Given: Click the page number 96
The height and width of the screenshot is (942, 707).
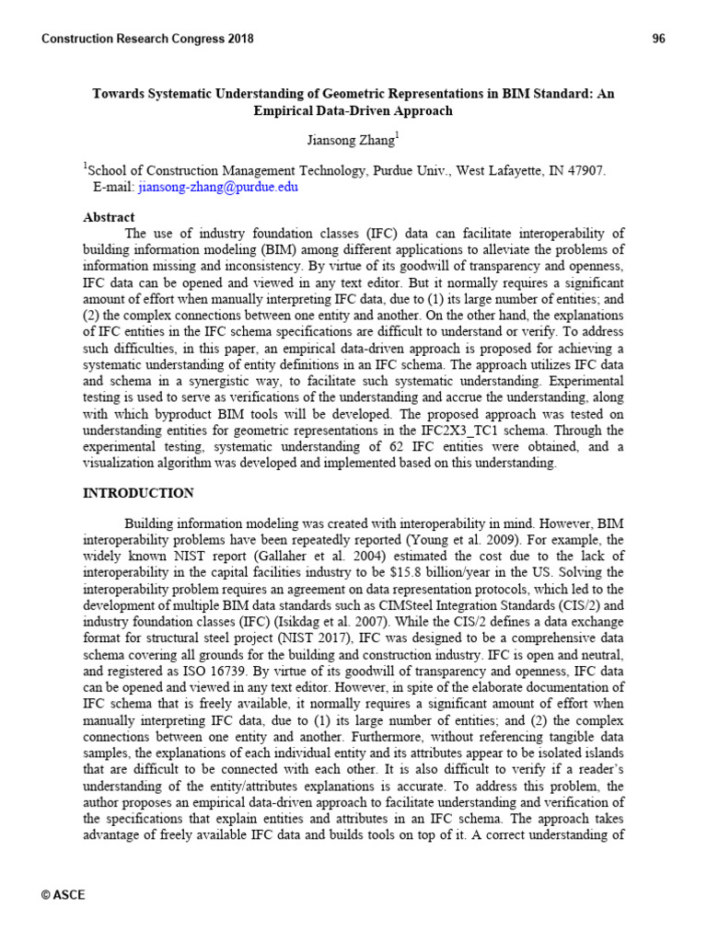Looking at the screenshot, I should point(658,39).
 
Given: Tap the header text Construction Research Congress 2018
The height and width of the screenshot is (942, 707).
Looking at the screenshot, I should point(148,39).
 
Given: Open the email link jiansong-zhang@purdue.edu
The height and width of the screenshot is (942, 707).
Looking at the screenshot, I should point(218,187).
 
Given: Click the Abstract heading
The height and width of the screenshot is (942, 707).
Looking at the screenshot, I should point(109,217).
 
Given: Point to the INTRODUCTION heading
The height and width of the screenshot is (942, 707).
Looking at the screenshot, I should point(138,493).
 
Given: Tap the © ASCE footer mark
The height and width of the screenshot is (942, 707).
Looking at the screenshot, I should point(64,894).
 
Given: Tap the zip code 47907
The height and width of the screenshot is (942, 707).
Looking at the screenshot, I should point(584,170).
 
